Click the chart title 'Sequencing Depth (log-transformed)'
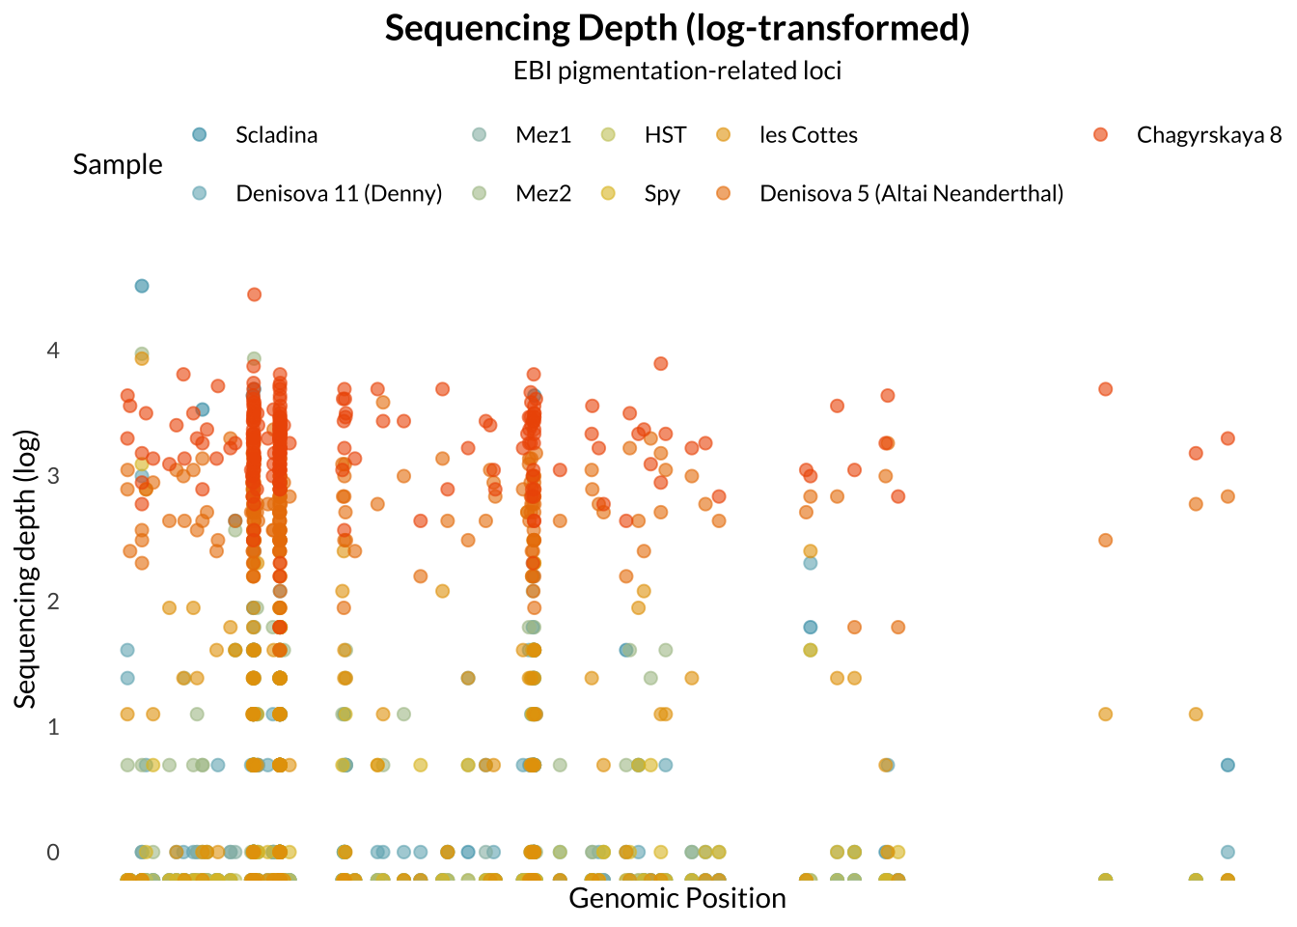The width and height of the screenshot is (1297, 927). (x=677, y=28)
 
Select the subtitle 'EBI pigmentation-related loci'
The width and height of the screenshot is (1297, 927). (x=677, y=70)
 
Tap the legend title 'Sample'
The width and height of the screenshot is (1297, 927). (x=118, y=164)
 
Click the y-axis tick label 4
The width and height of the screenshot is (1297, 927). (x=53, y=350)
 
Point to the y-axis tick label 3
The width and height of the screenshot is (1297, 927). (x=53, y=475)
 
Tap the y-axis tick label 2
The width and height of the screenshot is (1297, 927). (x=53, y=601)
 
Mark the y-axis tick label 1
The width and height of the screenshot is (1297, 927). (x=53, y=726)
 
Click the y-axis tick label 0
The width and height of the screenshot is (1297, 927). (x=53, y=852)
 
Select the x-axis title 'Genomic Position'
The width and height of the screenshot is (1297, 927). (x=677, y=898)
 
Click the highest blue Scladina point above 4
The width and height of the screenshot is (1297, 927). (x=142, y=286)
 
